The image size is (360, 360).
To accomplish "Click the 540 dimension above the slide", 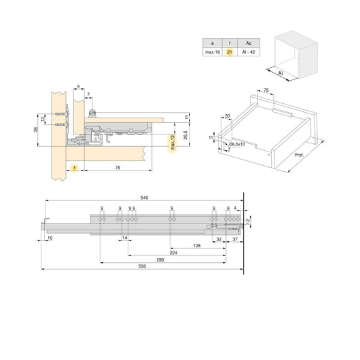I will pos(144,198).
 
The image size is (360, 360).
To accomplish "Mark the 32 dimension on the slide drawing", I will pos(219,239).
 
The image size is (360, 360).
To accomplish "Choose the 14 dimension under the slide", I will pos(124,238).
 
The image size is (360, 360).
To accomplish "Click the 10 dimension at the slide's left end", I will pos(50,238).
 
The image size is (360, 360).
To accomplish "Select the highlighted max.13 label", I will pos(174,144).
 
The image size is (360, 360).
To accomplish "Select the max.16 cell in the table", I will pos(212,52).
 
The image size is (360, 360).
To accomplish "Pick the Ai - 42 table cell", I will pos(250,52).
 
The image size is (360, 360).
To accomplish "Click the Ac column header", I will pos(250,41).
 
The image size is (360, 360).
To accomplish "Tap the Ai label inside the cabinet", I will pos(281,71).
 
